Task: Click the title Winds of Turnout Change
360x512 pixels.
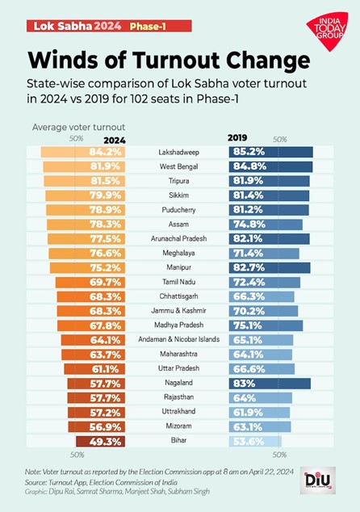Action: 169,61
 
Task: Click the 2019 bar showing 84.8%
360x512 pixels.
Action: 272,166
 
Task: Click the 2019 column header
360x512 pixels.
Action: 238,139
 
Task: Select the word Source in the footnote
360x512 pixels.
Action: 37,481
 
